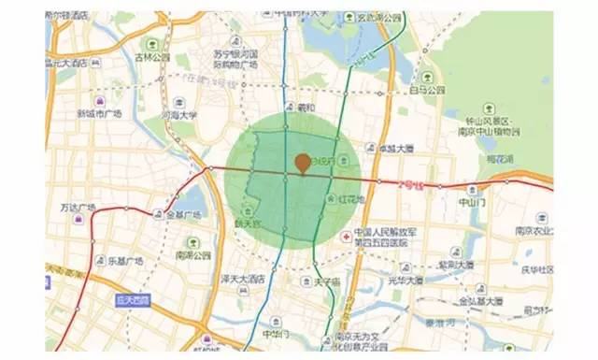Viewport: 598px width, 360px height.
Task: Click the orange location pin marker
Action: pos(302,165)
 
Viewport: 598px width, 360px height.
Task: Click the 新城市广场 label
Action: pos(100,113)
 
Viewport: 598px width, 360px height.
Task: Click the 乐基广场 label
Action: pos(124,262)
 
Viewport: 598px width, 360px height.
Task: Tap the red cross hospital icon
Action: pos(346,238)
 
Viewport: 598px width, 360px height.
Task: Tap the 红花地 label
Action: pos(351,200)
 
